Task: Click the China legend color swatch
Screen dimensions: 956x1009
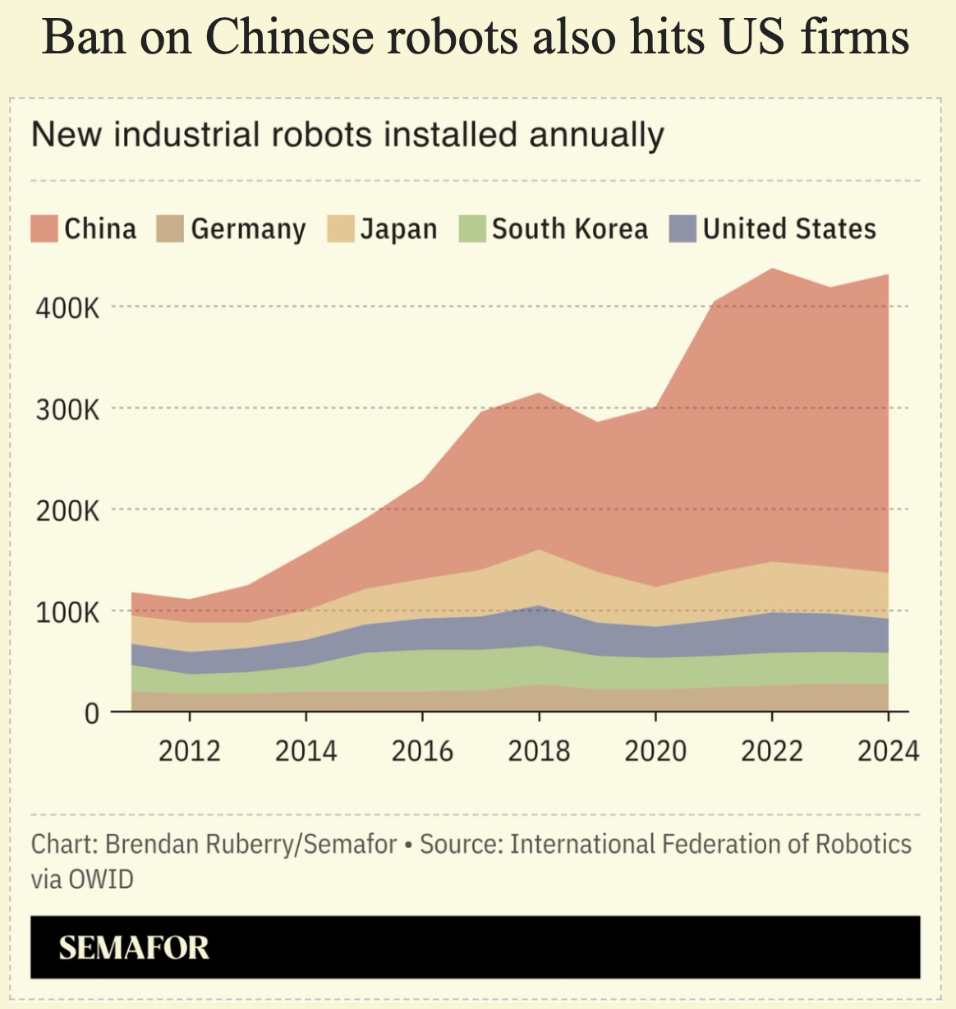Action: point(44,228)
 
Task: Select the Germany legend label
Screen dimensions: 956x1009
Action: point(248,229)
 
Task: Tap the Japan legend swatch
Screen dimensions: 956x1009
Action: point(341,228)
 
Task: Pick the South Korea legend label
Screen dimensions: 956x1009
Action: point(570,228)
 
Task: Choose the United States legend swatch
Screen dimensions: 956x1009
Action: point(683,228)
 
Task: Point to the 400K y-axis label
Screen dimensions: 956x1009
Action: point(67,308)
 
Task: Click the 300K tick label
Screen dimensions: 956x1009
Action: point(67,410)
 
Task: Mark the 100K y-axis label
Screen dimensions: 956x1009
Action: point(67,613)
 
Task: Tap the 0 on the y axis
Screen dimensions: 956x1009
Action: point(91,713)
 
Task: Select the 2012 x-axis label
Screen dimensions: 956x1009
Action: point(190,751)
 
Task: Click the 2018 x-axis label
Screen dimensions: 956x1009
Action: point(539,751)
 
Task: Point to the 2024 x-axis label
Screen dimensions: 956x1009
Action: point(889,751)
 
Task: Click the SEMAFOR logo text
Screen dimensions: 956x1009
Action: point(134,947)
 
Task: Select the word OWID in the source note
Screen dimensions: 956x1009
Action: point(100,879)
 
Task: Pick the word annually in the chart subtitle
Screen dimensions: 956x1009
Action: point(596,136)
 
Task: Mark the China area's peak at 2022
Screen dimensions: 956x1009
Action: point(772,269)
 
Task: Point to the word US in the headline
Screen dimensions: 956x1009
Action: point(753,36)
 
